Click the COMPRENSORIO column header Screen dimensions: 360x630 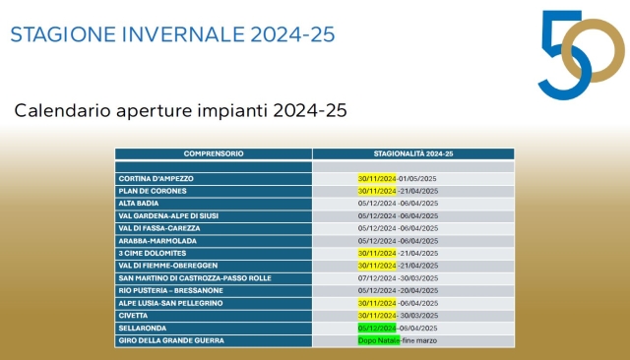click(214, 154)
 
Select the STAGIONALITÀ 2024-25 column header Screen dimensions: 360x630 click(413, 154)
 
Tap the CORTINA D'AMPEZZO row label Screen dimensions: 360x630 click(156, 178)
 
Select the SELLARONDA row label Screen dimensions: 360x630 click(143, 328)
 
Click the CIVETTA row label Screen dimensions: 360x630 click(134, 316)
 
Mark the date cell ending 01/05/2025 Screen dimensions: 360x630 click(398, 178)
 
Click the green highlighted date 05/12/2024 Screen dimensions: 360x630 click(377, 328)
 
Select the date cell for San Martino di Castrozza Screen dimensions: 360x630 click(398, 277)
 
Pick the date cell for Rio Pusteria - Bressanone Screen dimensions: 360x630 click(398, 290)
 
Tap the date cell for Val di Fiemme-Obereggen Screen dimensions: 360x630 click(398, 266)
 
